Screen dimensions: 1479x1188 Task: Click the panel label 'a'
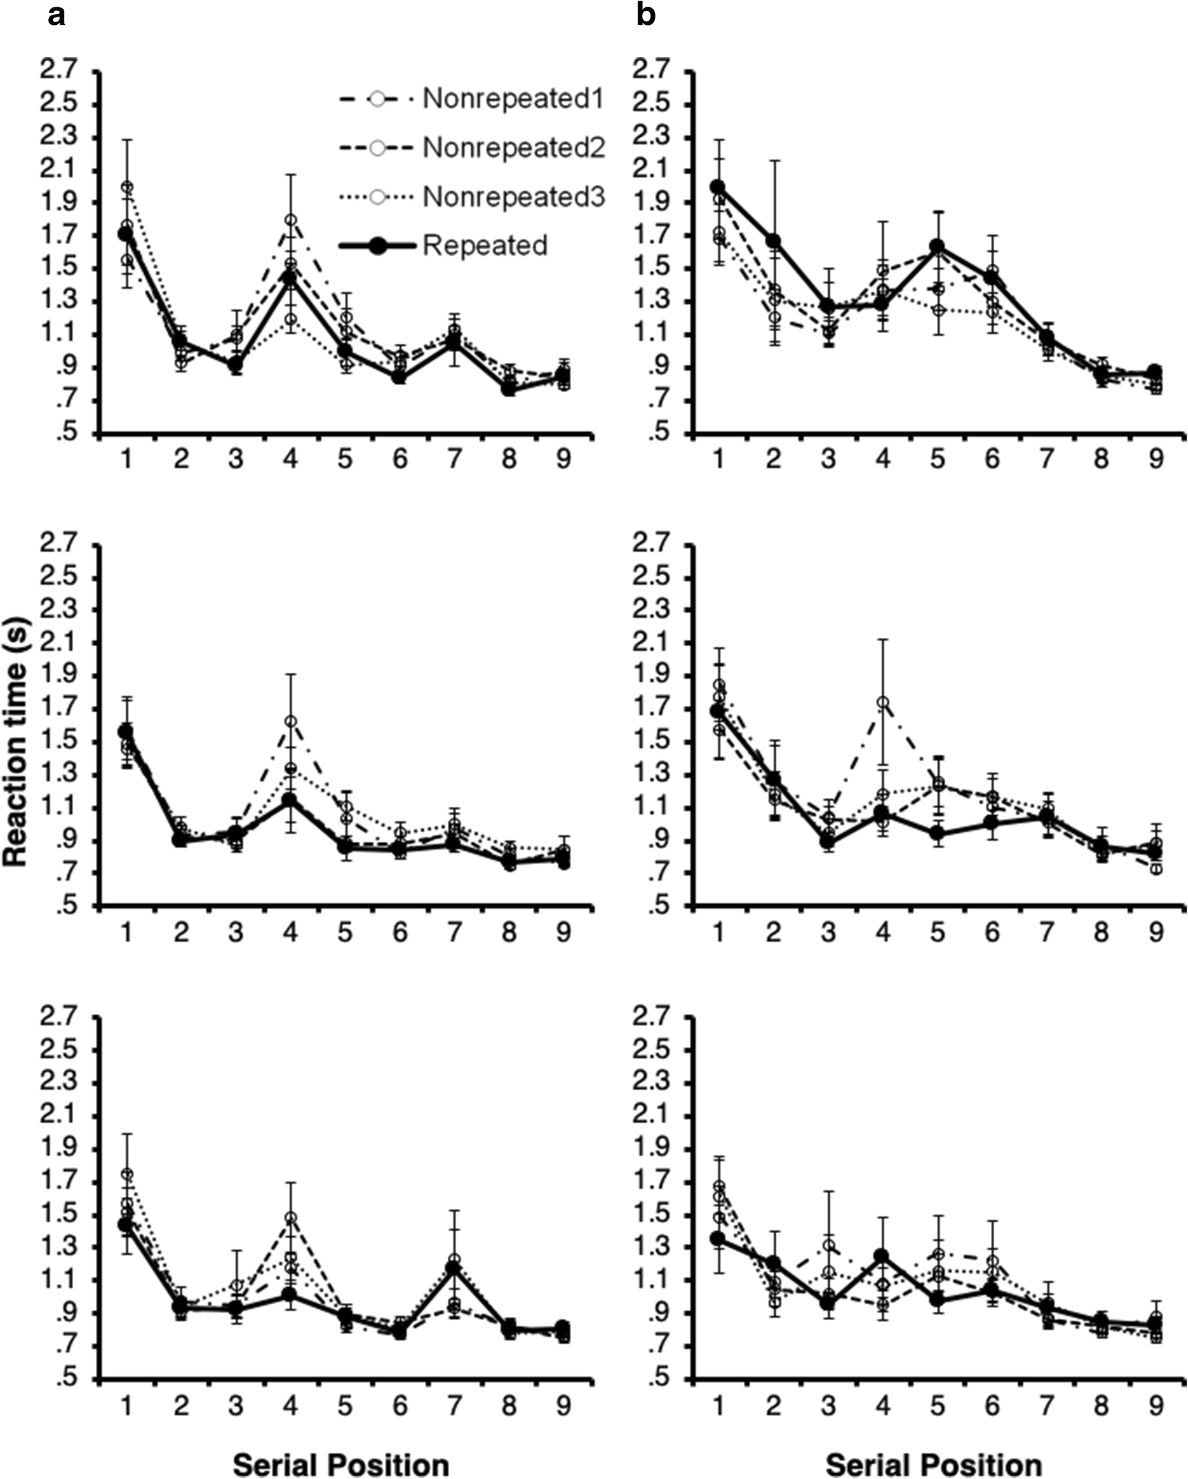57,15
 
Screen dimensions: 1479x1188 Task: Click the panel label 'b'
646,15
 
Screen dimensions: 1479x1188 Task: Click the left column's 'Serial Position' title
342,1462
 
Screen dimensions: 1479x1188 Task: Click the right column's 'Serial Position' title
933,1462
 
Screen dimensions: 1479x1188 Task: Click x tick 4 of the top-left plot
290,458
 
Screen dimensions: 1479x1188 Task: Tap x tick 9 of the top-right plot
1156,458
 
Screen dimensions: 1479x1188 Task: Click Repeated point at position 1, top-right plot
718,186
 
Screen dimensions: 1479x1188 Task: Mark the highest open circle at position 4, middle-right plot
883,702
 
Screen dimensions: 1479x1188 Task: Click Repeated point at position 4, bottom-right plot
882,1255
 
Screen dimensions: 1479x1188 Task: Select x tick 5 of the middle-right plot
937,931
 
